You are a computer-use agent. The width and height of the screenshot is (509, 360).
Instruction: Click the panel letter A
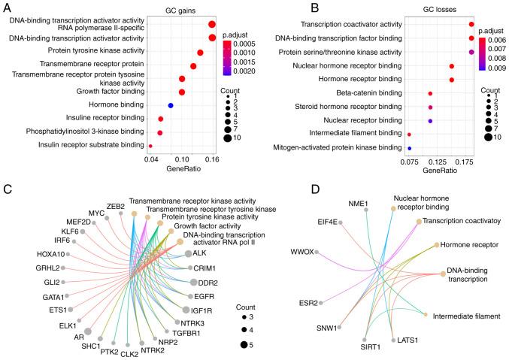pyautogui.click(x=7, y=7)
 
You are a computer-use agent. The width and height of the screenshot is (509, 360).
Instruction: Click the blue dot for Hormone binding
pyautogui.click(x=171, y=104)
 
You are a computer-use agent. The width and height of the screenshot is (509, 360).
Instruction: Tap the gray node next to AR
pyautogui.click(x=89, y=331)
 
